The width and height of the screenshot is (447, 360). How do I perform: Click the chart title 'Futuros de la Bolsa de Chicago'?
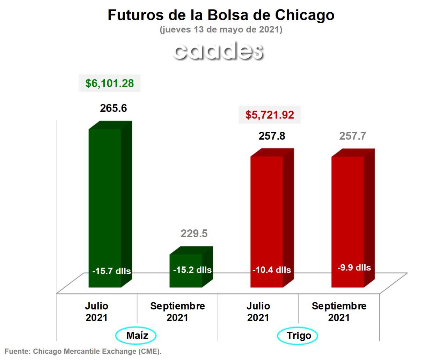(x=221, y=15)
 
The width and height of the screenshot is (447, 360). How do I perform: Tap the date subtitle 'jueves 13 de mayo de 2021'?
(x=221, y=30)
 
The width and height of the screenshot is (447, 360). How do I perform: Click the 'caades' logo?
(x=218, y=51)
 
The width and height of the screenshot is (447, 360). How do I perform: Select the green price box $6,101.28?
(x=110, y=83)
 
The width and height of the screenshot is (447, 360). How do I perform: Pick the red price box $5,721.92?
(x=270, y=115)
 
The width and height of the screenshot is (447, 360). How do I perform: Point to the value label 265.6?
(x=113, y=108)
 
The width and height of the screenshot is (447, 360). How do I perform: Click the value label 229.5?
(x=194, y=233)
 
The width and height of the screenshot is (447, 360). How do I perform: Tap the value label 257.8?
(x=272, y=136)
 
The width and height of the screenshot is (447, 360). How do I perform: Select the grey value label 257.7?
(x=352, y=136)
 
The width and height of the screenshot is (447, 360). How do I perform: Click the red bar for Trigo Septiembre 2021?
(x=348, y=210)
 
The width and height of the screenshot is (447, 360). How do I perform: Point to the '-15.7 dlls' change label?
(x=111, y=271)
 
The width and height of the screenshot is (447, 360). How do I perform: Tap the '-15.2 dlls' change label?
(x=192, y=270)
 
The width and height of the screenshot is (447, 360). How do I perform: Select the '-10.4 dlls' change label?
(x=272, y=270)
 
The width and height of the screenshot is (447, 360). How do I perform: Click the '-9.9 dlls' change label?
(x=354, y=268)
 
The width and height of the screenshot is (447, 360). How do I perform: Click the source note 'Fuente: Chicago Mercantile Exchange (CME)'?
(x=83, y=351)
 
